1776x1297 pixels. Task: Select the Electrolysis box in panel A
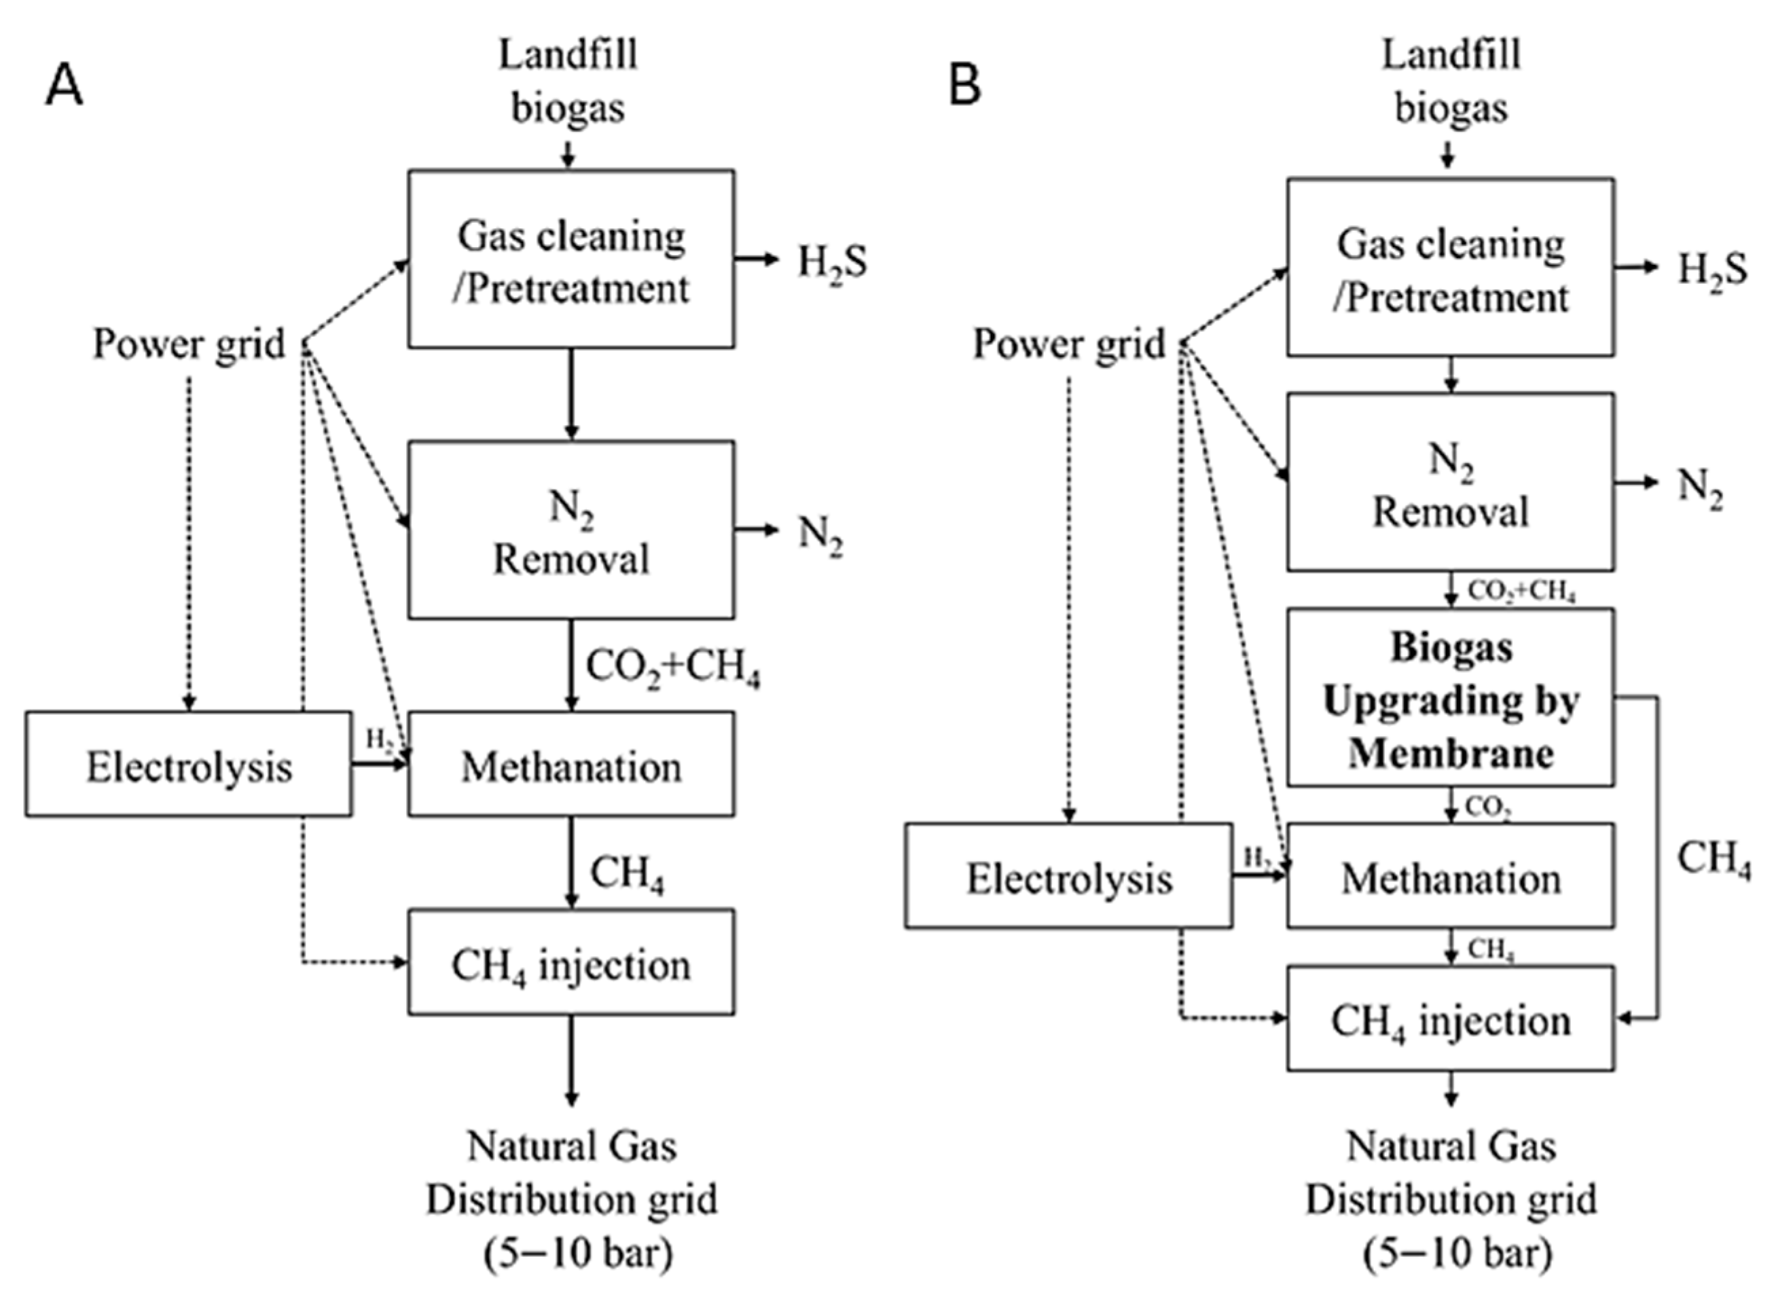pyautogui.click(x=188, y=765)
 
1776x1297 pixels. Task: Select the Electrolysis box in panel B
pyautogui.click(x=1068, y=876)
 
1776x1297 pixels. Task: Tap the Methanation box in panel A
pyautogui.click(x=570, y=765)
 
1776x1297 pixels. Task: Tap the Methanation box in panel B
pyautogui.click(x=1450, y=876)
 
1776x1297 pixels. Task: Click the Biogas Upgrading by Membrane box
pyautogui.click(x=1450, y=698)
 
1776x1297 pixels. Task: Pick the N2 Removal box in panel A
pyautogui.click(x=570, y=530)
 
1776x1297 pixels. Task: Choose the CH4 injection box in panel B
pyautogui.click(x=1450, y=1019)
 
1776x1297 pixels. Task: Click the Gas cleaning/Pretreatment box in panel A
pyautogui.click(x=570, y=260)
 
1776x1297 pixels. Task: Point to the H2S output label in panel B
pyautogui.click(x=1712, y=271)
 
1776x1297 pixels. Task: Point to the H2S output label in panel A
pyautogui.click(x=832, y=263)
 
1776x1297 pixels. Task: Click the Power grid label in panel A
pyautogui.click(x=188, y=344)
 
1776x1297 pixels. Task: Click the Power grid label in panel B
pyautogui.click(x=1068, y=344)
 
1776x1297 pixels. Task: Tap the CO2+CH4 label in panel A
pyautogui.click(x=673, y=668)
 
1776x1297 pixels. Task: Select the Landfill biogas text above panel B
pyautogui.click(x=1450, y=81)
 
